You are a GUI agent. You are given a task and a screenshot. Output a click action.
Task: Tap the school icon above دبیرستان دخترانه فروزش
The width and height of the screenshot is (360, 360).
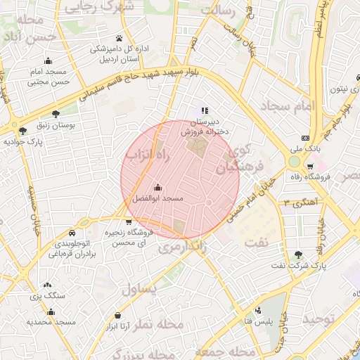point(205,110)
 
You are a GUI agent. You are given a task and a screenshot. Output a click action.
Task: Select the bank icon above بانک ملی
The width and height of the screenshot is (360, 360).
point(304,138)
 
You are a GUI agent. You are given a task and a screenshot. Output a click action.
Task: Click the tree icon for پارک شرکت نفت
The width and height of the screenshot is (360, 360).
point(299,255)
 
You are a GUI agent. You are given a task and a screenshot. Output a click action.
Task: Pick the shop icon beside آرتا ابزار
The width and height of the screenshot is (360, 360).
point(116,315)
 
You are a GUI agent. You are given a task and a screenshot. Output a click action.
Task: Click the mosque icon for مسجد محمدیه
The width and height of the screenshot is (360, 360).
point(48,310)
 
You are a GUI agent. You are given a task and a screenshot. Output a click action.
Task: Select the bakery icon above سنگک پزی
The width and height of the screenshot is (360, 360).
point(47,285)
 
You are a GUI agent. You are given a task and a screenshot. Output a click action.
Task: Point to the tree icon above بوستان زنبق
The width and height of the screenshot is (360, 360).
point(56,112)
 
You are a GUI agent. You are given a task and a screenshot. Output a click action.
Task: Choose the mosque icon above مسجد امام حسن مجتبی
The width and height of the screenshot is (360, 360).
point(48,61)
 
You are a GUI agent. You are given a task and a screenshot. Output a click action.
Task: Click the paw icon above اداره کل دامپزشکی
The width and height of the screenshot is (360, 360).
point(119,38)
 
